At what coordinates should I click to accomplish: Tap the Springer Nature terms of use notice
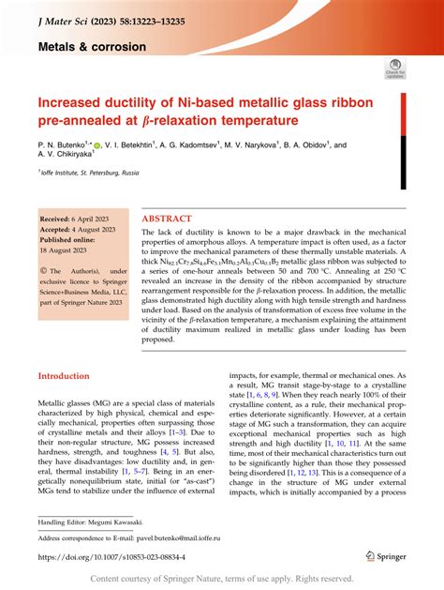click(221, 579)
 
